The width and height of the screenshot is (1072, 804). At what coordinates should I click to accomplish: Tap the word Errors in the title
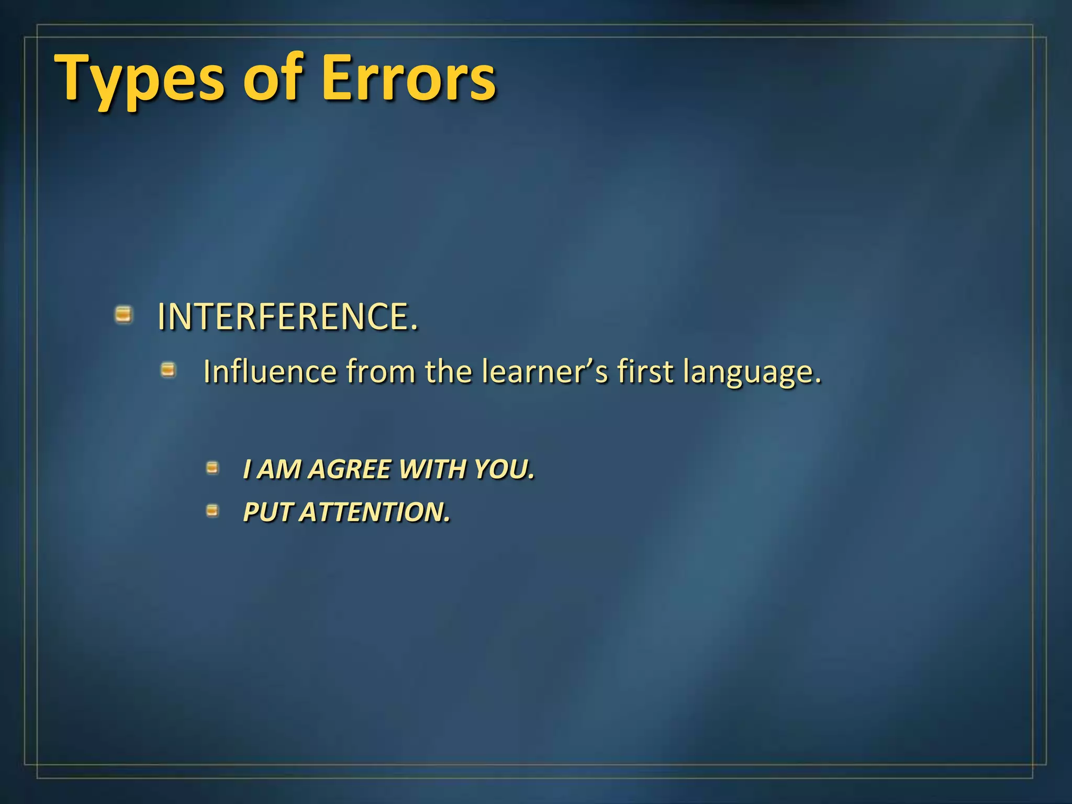408,79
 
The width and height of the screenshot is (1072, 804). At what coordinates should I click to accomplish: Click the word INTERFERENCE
287,317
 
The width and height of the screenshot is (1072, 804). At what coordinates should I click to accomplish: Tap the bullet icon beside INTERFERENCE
124,315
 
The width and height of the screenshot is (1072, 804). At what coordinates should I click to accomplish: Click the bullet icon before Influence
168,371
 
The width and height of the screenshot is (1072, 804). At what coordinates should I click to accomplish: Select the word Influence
270,372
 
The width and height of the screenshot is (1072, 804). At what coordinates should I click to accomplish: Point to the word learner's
544,372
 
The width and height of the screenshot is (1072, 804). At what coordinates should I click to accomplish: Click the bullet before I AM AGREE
212,467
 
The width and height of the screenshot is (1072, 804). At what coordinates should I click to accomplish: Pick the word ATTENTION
375,512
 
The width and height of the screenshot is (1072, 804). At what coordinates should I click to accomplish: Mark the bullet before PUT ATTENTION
212,510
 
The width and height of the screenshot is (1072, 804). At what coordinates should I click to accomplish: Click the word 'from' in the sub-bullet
381,372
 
